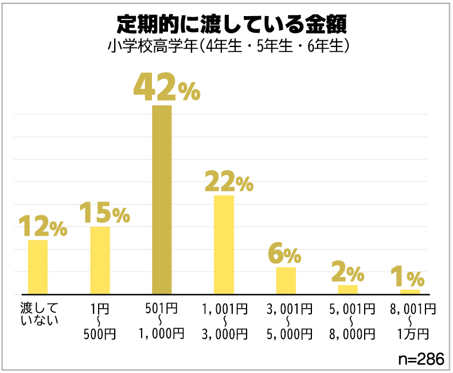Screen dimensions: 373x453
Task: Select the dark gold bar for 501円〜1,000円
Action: [x=162, y=199]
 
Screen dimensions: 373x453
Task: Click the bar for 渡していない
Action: [x=38, y=267]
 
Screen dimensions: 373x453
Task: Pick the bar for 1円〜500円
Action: [x=100, y=260]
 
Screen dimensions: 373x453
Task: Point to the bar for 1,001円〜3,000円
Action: [x=224, y=244]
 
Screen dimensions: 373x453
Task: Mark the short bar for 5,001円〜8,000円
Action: [x=347, y=289]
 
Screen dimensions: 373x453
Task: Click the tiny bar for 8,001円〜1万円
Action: [x=409, y=292]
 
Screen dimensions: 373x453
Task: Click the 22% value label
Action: [x=228, y=182]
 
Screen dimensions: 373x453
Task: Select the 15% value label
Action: [x=104, y=213]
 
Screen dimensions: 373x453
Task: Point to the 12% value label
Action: [x=42, y=226]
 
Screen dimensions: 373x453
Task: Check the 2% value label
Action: [x=347, y=273]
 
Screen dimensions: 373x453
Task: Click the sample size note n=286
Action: [x=421, y=359]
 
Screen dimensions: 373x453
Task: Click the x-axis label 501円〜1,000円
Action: [x=161, y=321]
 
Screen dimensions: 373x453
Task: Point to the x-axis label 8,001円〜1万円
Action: [x=409, y=321]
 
